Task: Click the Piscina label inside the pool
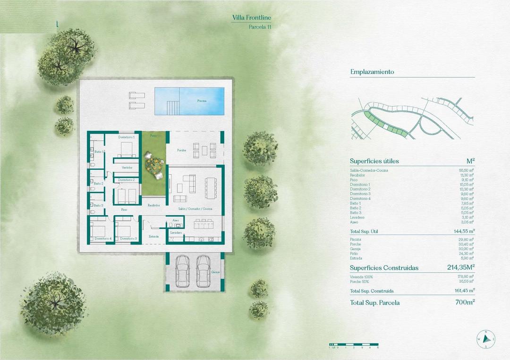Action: coord(202,101)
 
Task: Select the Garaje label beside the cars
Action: coord(215,272)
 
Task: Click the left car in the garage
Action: coord(182,271)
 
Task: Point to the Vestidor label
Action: coord(127,167)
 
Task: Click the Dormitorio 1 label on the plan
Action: coord(127,137)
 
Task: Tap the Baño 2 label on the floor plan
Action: coord(98,184)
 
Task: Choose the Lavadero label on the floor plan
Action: coord(176,233)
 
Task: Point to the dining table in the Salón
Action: coord(209,186)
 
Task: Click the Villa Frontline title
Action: coord(252,18)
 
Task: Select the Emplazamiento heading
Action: coord(372,72)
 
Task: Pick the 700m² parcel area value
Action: coord(464,302)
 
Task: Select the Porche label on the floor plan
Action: coord(181,151)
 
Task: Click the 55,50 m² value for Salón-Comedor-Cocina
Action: coord(466,170)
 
